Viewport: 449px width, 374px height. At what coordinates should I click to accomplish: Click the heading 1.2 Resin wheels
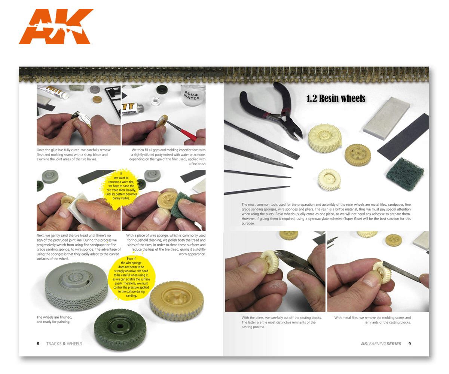(336, 98)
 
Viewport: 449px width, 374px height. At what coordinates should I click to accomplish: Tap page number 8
(38, 343)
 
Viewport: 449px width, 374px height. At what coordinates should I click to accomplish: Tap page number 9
(409, 343)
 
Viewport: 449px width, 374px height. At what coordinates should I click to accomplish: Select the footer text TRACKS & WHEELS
(64, 343)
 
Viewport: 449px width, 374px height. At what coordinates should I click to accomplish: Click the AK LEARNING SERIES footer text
(381, 343)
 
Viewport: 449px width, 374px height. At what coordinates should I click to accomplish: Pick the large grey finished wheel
(77, 286)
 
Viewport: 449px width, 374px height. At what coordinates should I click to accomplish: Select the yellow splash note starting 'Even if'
(131, 277)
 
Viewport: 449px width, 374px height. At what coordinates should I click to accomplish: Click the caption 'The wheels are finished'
(54, 319)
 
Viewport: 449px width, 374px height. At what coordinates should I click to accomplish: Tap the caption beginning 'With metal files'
(372, 320)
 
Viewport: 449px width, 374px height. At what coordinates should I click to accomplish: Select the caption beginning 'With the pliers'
(281, 322)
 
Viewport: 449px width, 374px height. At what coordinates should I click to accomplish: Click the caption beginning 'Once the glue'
(74, 154)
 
